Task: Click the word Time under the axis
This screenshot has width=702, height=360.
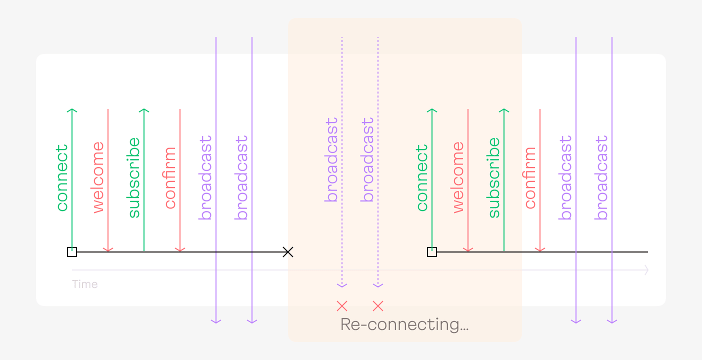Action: click(x=84, y=284)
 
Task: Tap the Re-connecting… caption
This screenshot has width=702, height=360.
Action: click(x=404, y=324)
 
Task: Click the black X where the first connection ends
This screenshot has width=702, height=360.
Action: click(x=287, y=252)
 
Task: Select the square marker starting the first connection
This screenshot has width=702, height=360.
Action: click(x=72, y=252)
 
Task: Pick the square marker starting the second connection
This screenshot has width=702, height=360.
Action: click(x=432, y=252)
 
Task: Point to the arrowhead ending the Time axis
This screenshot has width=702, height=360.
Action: click(x=646, y=270)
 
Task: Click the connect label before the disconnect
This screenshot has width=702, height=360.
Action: click(x=61, y=177)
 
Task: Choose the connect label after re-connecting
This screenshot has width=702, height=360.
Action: click(x=421, y=177)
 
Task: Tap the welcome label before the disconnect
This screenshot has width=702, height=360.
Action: click(x=98, y=177)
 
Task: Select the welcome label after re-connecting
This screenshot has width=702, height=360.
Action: click(x=458, y=177)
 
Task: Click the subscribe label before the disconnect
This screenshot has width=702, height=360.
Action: click(x=133, y=177)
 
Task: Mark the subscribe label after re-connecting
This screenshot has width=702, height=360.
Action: click(x=493, y=177)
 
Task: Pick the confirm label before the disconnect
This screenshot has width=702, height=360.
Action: click(x=170, y=177)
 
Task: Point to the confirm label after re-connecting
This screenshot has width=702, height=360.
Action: click(x=530, y=177)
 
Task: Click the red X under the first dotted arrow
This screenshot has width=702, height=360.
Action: click(x=342, y=305)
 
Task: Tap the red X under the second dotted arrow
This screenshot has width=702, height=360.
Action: click(x=378, y=305)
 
